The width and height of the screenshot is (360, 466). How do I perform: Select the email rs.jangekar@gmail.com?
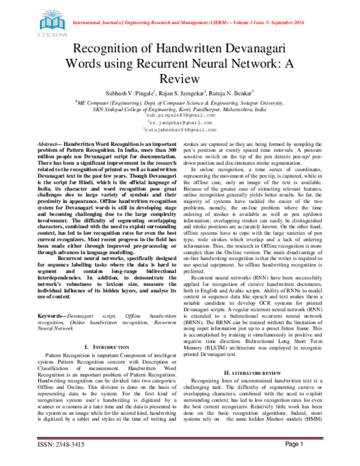[179, 122]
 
